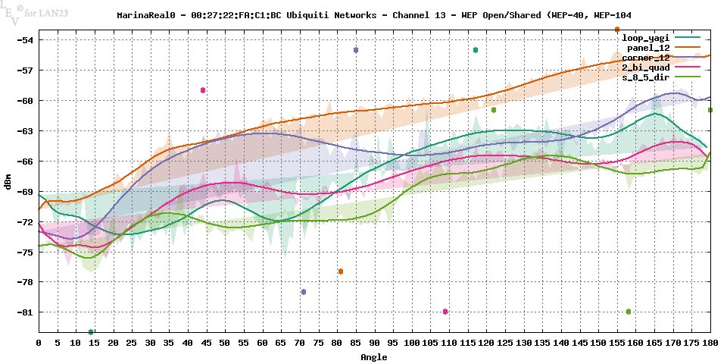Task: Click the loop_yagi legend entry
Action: [642, 37]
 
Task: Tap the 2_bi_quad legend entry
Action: [645, 67]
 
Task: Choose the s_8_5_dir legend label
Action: [645, 77]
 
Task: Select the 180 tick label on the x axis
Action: [710, 344]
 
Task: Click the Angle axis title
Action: [374, 356]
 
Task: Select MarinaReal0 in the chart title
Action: [143, 15]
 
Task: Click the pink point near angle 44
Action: [203, 90]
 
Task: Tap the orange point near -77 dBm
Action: [341, 271]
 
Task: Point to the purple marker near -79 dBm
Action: [304, 292]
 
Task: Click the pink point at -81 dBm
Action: [445, 312]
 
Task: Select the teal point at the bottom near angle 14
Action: [91, 332]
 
